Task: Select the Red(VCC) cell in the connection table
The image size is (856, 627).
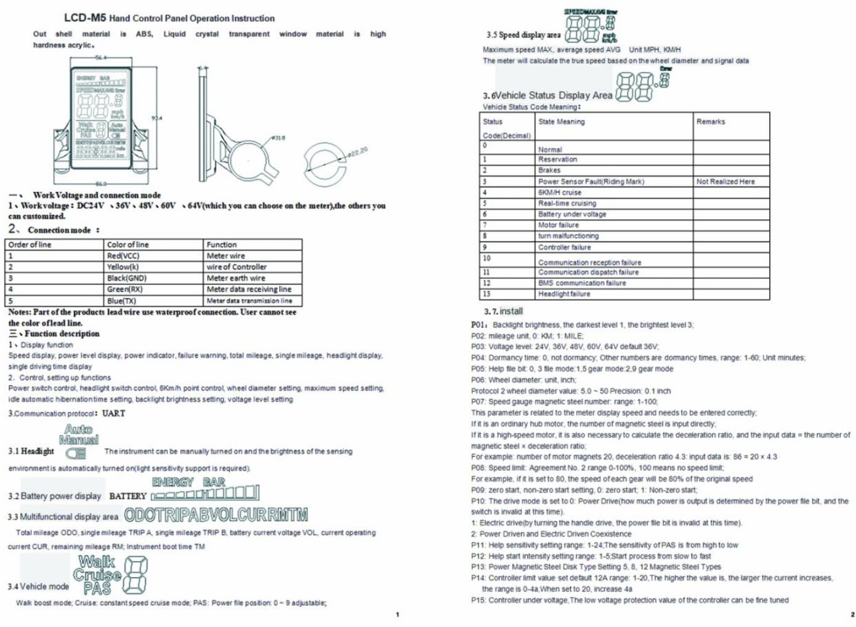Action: point(123,256)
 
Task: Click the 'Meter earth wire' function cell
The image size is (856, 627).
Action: point(235,278)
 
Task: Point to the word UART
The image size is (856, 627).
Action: point(114,413)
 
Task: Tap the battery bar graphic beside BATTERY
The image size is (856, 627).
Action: point(204,493)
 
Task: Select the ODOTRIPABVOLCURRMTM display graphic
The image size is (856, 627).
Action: point(216,515)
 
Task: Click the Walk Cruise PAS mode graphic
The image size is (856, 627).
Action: point(111,575)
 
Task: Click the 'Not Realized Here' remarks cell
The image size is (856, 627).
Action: point(725,182)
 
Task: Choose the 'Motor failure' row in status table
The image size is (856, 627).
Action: point(558,225)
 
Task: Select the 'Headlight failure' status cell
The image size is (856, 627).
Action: point(563,294)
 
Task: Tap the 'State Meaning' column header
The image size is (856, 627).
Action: point(561,122)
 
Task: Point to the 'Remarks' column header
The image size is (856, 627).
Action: point(711,122)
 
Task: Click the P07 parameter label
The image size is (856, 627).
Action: point(478,402)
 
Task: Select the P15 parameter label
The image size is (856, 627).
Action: point(478,600)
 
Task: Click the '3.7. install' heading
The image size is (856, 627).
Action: point(503,311)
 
